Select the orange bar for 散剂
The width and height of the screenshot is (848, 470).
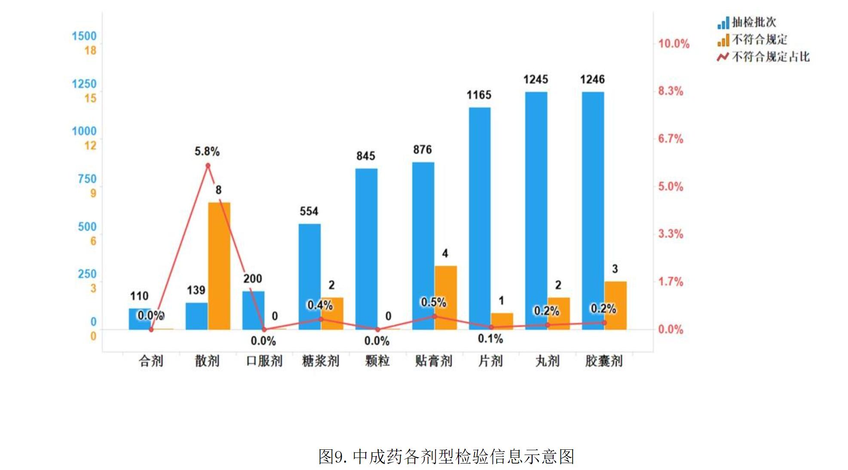point(219,266)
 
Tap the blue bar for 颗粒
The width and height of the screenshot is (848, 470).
point(366,249)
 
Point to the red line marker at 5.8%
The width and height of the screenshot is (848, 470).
point(208,165)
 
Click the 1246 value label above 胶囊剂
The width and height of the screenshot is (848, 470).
point(592,79)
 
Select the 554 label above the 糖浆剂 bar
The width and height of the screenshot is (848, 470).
point(309,211)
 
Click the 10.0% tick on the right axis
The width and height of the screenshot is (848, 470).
point(674,44)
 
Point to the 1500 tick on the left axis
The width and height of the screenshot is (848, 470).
point(84,36)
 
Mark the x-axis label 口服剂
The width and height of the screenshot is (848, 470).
point(264,361)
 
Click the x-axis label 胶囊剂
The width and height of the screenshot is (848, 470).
point(603,361)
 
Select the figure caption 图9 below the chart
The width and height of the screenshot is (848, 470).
point(446,456)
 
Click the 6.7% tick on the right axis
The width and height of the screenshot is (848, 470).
point(670,139)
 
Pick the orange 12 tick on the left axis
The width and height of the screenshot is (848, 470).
point(90,146)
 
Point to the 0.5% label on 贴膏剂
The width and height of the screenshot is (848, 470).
point(433,302)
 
